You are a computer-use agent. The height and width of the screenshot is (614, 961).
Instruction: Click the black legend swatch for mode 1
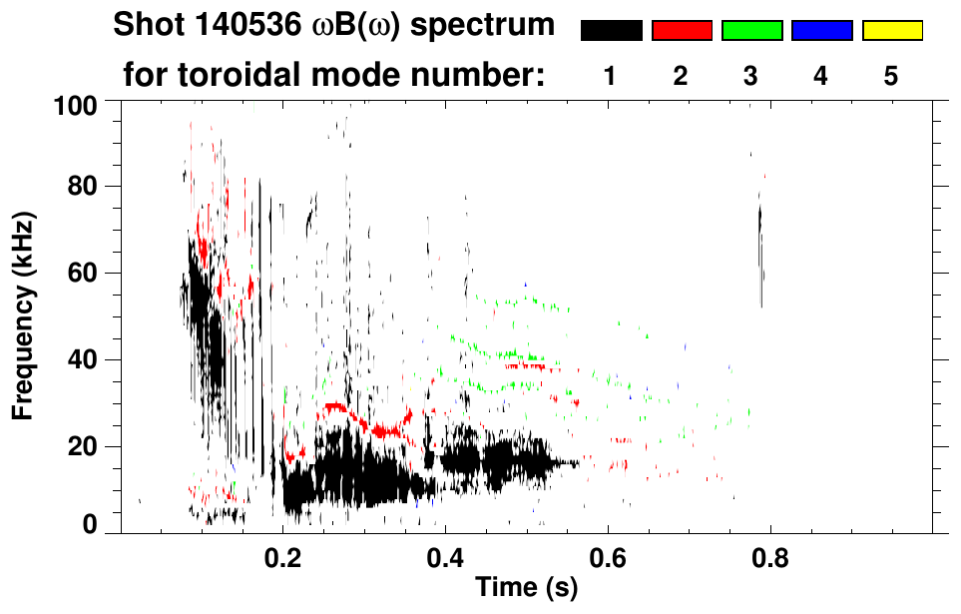611,31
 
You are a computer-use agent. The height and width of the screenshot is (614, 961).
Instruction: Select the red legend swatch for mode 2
682,31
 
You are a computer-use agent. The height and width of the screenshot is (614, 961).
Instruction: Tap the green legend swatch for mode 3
751,31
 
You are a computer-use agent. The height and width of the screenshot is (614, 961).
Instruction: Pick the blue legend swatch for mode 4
821,31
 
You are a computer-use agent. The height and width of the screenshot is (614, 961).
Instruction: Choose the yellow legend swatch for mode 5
891,31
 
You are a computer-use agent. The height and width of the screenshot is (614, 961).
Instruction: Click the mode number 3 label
751,76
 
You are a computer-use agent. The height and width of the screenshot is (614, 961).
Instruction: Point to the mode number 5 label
891,76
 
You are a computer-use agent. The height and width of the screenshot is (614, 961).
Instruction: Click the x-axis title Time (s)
526,587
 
